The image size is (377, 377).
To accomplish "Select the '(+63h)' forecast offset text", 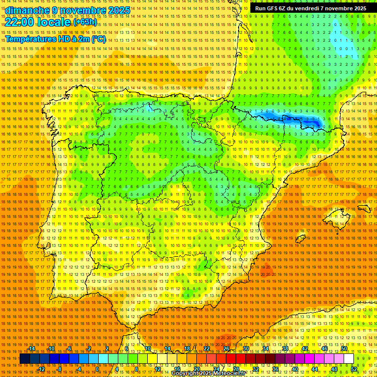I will point(85,22).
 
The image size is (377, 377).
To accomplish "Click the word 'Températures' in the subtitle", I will point(30,39).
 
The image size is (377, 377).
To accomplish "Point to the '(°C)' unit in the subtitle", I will point(98,39).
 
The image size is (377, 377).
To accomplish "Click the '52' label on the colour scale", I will point(354,369).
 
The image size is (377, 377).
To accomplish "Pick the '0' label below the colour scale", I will point(98,369).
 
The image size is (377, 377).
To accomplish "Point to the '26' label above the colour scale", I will point(226,349).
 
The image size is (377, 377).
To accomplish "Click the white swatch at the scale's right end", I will point(349,359).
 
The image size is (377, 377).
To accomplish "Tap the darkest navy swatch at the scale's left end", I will point(25,359).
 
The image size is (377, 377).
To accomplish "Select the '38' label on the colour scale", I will point(285,349).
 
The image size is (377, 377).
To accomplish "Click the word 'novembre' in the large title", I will point(83,10).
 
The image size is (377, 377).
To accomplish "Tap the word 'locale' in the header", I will point(54,22).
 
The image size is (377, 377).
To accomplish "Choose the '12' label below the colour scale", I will point(157,369).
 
